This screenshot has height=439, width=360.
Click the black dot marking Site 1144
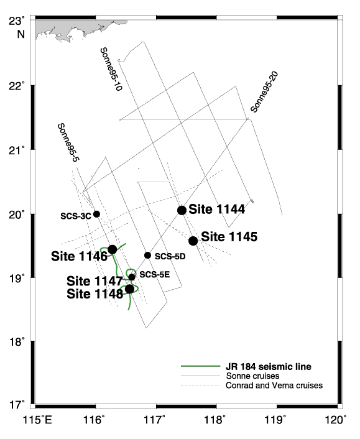pos(182,210)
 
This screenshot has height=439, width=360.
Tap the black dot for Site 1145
pos(193,241)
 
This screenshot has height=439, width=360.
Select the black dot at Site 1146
pos(113,249)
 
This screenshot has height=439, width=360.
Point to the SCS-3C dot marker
pos(96,214)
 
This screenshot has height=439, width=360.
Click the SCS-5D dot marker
pos(148,256)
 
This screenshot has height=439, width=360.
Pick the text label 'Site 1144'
pos(217,209)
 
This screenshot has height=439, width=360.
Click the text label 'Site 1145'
pos(229,236)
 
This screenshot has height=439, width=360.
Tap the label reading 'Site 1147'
pos(95,281)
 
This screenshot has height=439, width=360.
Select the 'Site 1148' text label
pos(95,293)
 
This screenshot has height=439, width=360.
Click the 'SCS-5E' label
pos(155,275)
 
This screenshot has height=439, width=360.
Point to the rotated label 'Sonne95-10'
pos(111,69)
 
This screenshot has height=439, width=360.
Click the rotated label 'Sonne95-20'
pos(264,92)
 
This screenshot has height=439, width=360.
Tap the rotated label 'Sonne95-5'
pos(68,142)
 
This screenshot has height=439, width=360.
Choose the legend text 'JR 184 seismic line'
pos(269,366)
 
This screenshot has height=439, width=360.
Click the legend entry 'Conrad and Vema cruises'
pos(274,386)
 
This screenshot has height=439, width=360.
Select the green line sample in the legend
pos(200,366)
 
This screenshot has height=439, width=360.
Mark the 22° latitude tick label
pos(17,86)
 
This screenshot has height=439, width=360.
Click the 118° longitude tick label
pos(216,420)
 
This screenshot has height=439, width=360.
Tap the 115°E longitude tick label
pos(37,420)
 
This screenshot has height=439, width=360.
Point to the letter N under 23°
pos(21,34)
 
